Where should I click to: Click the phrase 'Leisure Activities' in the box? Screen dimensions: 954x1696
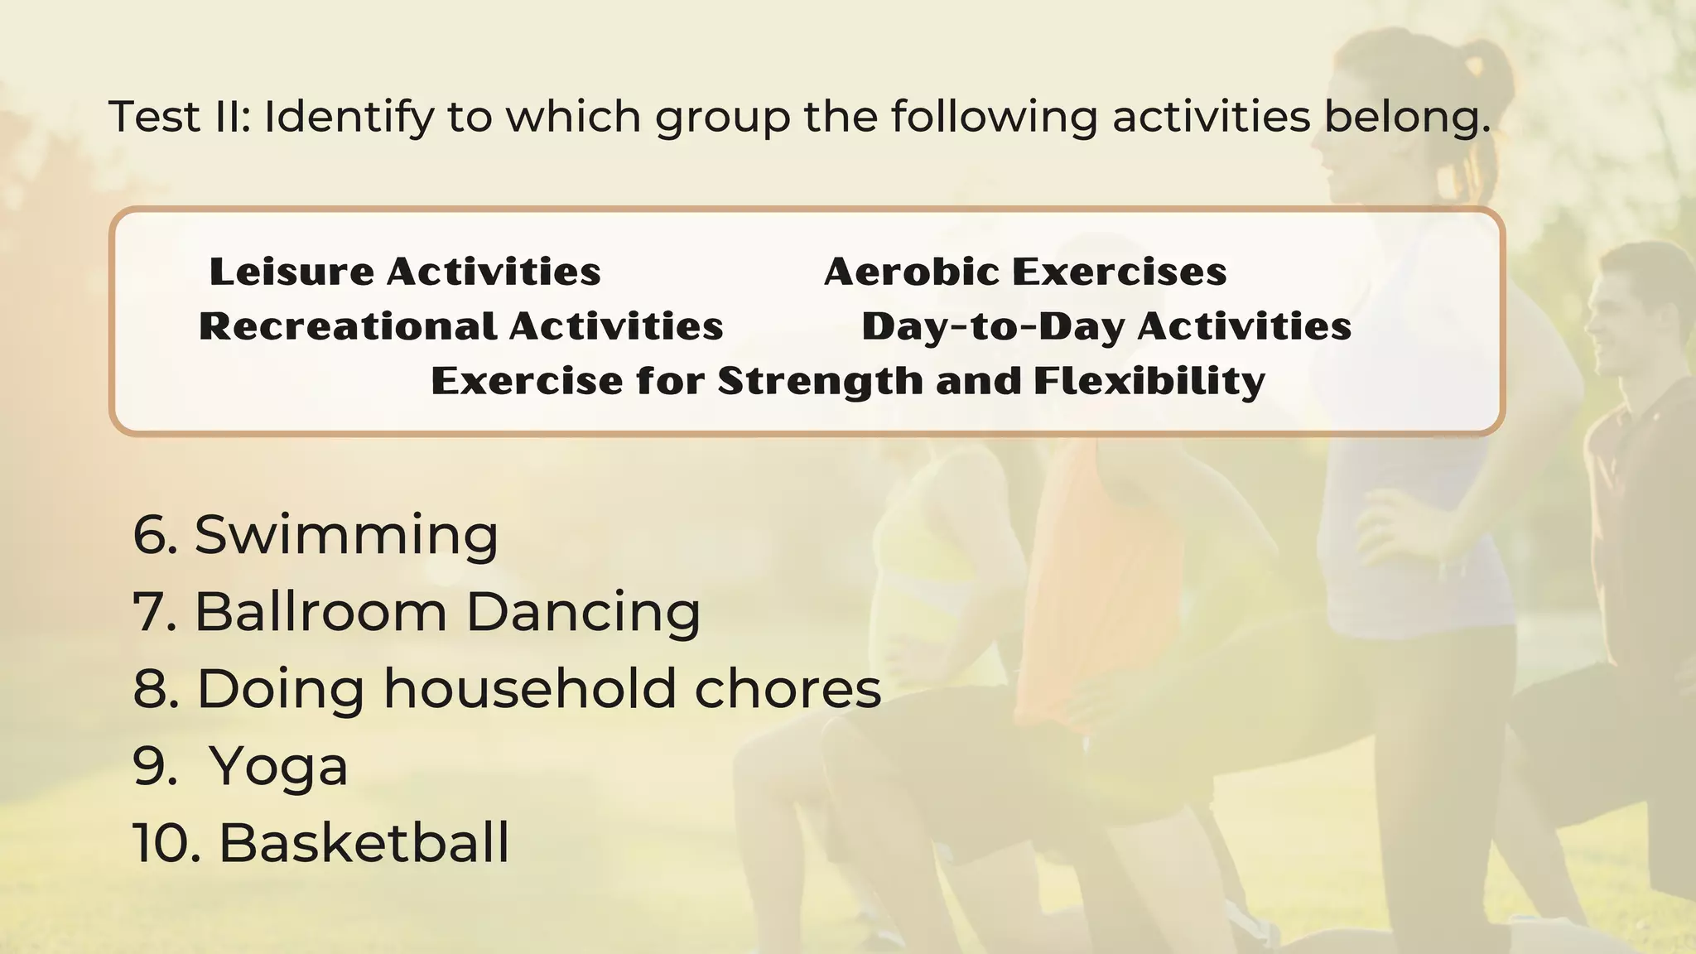(x=405, y=272)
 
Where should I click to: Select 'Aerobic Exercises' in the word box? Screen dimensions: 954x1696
(x=1025, y=272)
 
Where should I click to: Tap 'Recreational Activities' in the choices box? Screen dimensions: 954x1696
(x=461, y=326)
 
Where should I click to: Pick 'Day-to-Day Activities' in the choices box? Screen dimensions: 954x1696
(x=1106, y=326)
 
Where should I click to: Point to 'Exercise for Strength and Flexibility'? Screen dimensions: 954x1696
(x=848, y=381)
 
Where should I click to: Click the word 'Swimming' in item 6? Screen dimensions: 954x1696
(x=346, y=535)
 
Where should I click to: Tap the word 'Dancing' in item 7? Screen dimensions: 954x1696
(x=583, y=612)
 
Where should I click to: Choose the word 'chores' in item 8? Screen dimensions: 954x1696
(x=788, y=689)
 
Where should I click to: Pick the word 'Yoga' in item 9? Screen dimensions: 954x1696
(x=278, y=767)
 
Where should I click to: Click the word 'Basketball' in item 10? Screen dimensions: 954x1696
(x=364, y=843)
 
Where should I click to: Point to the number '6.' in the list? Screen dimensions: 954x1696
(x=155, y=535)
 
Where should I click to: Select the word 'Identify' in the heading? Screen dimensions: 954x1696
(x=348, y=116)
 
